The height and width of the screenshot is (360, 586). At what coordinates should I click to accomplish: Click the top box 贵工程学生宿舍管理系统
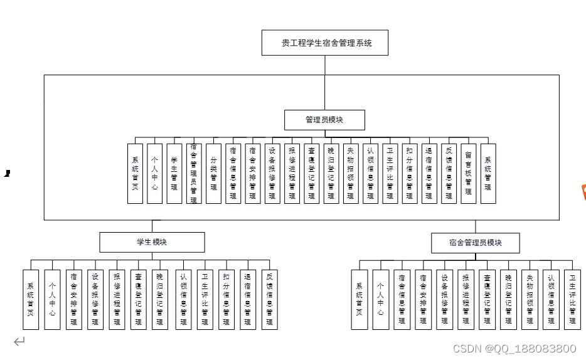325,43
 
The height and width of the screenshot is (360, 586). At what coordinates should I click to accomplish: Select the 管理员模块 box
324,120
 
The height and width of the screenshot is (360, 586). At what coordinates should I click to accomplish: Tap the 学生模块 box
152,242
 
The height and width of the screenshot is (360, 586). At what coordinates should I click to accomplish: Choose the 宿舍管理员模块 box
475,243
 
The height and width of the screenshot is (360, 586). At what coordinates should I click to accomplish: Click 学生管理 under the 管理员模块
174,174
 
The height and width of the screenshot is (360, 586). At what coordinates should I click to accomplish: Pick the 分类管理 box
213,174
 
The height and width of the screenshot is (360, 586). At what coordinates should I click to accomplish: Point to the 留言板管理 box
468,174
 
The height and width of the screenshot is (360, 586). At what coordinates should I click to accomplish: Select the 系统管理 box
488,174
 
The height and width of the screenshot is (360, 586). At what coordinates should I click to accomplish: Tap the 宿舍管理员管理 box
194,174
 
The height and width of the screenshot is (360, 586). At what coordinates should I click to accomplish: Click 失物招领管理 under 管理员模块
351,174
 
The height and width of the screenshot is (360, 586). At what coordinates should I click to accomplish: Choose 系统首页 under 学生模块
31,299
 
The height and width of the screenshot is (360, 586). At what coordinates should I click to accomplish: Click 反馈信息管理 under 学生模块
269,299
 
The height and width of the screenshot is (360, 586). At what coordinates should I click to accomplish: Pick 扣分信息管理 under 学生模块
226,299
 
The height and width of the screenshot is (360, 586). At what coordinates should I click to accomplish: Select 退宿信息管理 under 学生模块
248,299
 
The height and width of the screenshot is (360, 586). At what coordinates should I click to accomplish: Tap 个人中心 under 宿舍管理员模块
380,299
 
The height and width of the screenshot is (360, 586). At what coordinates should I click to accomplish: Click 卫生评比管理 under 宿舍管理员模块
572,299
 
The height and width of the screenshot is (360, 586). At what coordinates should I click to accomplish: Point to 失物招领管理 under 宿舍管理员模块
530,299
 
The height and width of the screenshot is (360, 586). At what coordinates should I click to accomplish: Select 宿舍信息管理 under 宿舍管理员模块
402,299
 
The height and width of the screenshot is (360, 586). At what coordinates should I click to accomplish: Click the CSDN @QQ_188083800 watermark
514,349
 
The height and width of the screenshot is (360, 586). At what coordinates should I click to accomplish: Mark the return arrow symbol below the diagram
19,342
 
